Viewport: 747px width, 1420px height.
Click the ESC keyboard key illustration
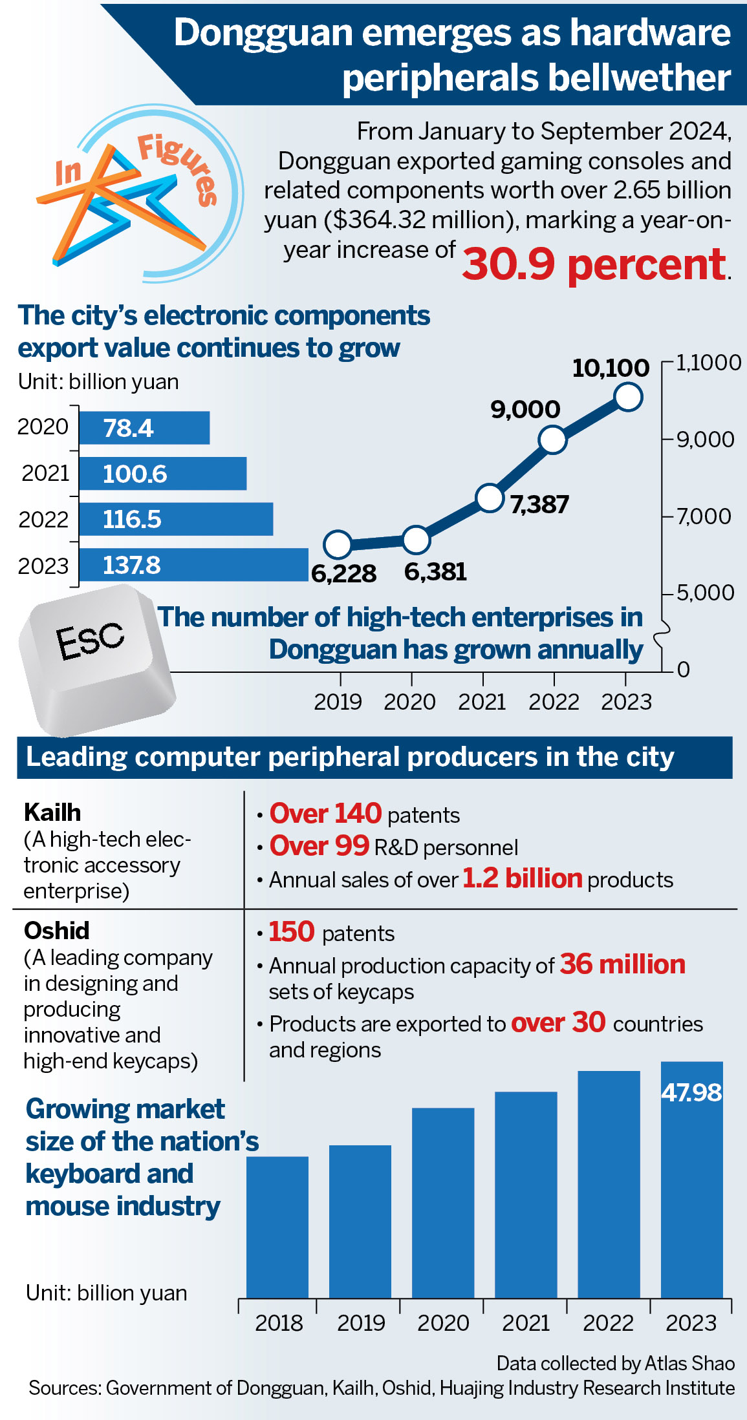point(97,659)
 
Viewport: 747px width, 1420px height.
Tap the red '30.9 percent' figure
point(595,264)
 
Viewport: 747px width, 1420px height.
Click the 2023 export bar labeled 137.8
point(193,565)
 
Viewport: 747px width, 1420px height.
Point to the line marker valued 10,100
point(629,396)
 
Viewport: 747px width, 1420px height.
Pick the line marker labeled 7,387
point(490,498)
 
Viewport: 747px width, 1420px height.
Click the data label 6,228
point(343,573)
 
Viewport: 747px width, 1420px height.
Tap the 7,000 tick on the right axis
point(704,516)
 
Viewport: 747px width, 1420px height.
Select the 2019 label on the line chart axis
point(338,701)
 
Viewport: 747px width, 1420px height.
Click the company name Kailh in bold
point(52,812)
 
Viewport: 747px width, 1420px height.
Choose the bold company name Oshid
point(57,930)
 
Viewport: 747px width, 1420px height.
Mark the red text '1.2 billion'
point(523,878)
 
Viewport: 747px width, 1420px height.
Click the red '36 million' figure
point(622,964)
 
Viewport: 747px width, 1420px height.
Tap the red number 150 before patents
point(292,931)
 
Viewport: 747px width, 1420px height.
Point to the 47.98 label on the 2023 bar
point(691,1092)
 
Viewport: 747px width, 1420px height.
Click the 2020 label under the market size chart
point(443,1322)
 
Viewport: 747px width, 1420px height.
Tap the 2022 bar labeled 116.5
point(176,519)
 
